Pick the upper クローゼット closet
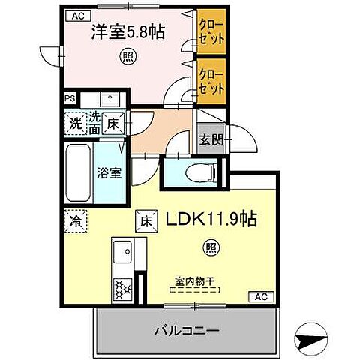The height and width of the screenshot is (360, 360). (x=211, y=34)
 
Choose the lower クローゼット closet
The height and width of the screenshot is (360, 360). (x=211, y=81)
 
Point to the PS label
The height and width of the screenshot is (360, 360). (x=69, y=97)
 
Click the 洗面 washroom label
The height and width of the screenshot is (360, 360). (x=94, y=122)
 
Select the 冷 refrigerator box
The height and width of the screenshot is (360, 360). (x=75, y=221)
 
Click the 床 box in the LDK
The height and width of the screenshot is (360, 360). (x=145, y=221)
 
